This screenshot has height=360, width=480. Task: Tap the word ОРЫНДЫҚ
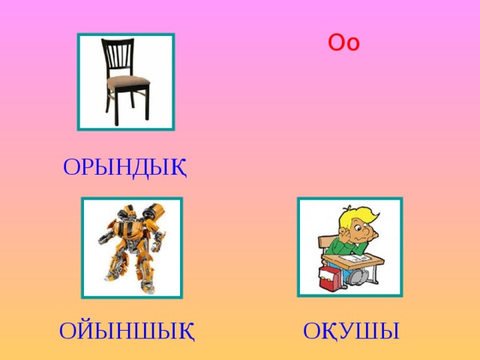pyautogui.click(x=124, y=166)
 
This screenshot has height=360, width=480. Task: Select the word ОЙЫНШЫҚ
pyautogui.click(x=127, y=330)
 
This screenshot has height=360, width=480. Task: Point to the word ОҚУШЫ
pyautogui.click(x=351, y=330)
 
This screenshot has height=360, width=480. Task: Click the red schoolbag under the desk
pyautogui.click(x=330, y=280)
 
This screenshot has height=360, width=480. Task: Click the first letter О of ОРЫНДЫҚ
pyautogui.click(x=71, y=166)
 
